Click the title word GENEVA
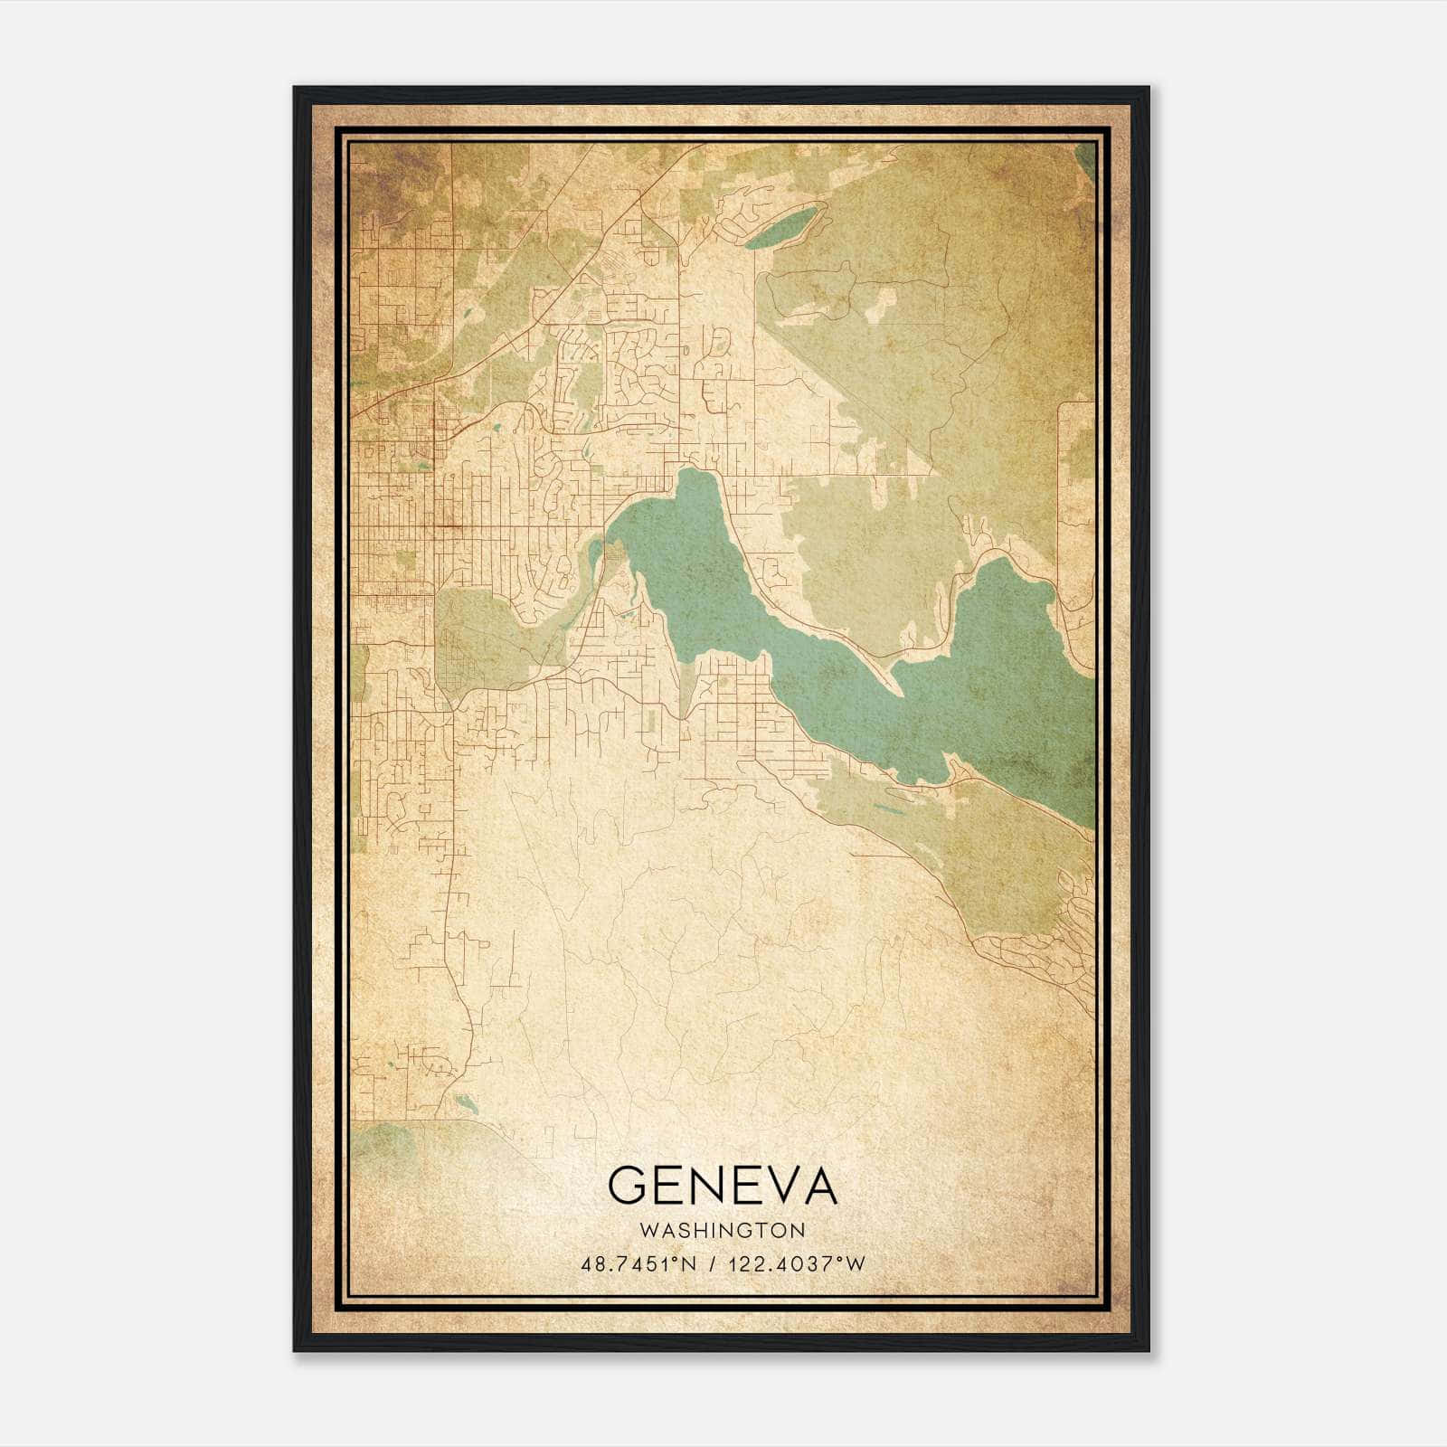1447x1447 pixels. tap(722, 1186)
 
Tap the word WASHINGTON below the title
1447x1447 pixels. tap(722, 1230)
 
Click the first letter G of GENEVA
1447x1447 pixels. tap(627, 1186)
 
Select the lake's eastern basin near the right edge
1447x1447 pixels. tap(1004, 669)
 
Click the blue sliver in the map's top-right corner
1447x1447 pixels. tap(1087, 163)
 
